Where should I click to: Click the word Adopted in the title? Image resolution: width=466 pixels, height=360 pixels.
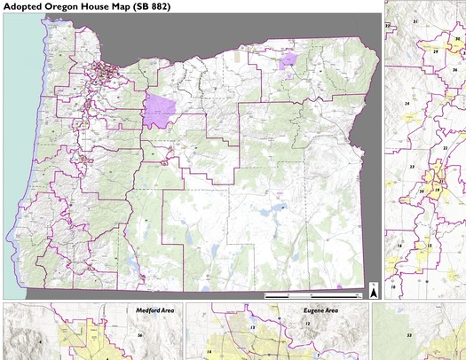point(28,6)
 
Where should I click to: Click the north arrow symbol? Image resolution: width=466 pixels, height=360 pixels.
point(374,290)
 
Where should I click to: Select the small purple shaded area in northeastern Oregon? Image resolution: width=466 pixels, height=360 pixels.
point(287,60)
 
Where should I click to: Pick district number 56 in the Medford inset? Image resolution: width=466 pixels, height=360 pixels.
point(140,335)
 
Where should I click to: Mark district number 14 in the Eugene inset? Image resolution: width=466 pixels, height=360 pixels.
point(209,352)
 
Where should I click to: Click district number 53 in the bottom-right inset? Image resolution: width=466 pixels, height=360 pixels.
point(409,335)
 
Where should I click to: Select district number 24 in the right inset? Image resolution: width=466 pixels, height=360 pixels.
point(407,104)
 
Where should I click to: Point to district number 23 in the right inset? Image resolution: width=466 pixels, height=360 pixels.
point(412,166)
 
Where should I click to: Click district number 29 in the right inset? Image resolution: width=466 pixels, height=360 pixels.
point(436,51)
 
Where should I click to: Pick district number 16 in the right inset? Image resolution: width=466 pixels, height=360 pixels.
point(399,245)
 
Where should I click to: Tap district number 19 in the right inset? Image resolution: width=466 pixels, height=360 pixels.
point(437,190)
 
